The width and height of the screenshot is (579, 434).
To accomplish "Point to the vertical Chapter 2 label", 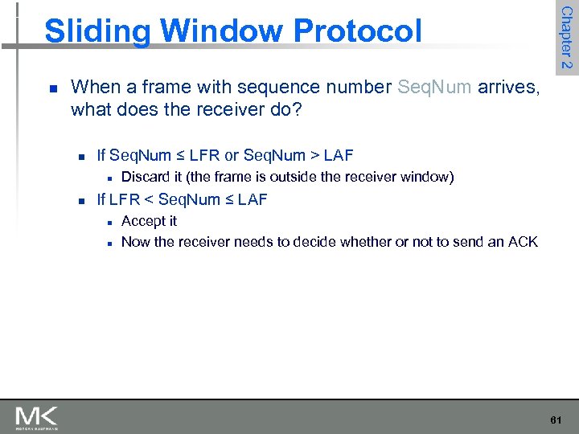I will (x=566, y=38).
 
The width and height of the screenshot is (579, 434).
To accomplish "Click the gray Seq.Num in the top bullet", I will (x=434, y=87).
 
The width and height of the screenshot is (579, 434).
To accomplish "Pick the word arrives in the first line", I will (x=507, y=87).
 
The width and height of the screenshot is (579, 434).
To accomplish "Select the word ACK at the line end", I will (x=523, y=242).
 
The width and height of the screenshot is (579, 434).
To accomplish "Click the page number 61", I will (x=556, y=420).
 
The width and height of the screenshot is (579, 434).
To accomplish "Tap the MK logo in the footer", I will (x=36, y=417).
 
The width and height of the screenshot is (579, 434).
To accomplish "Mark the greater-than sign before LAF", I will (x=314, y=155).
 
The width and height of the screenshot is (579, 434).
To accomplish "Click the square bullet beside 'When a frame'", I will (x=52, y=88).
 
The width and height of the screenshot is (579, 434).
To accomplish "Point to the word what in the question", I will (x=88, y=108).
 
